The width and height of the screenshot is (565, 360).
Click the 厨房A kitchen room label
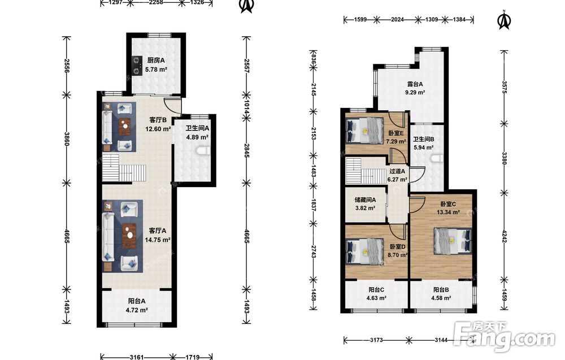click(x=156, y=60)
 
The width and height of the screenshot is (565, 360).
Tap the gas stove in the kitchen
click(x=137, y=65)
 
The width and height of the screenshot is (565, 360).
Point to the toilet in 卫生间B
click(x=437, y=158)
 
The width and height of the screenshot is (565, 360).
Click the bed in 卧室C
click(x=453, y=240)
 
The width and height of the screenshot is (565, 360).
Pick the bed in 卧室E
click(x=364, y=131)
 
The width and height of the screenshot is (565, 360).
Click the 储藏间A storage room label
click(x=366, y=199)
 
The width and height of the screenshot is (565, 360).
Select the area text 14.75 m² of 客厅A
click(x=158, y=240)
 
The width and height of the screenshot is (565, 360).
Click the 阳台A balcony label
click(x=137, y=301)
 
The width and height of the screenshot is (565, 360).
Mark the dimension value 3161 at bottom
click(x=137, y=357)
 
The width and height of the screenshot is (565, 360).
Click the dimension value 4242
click(x=503, y=237)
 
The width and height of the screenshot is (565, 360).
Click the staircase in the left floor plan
click(x=124, y=168)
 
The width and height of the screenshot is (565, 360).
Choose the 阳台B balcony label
click(x=441, y=289)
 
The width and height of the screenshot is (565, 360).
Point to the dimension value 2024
click(x=397, y=19)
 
